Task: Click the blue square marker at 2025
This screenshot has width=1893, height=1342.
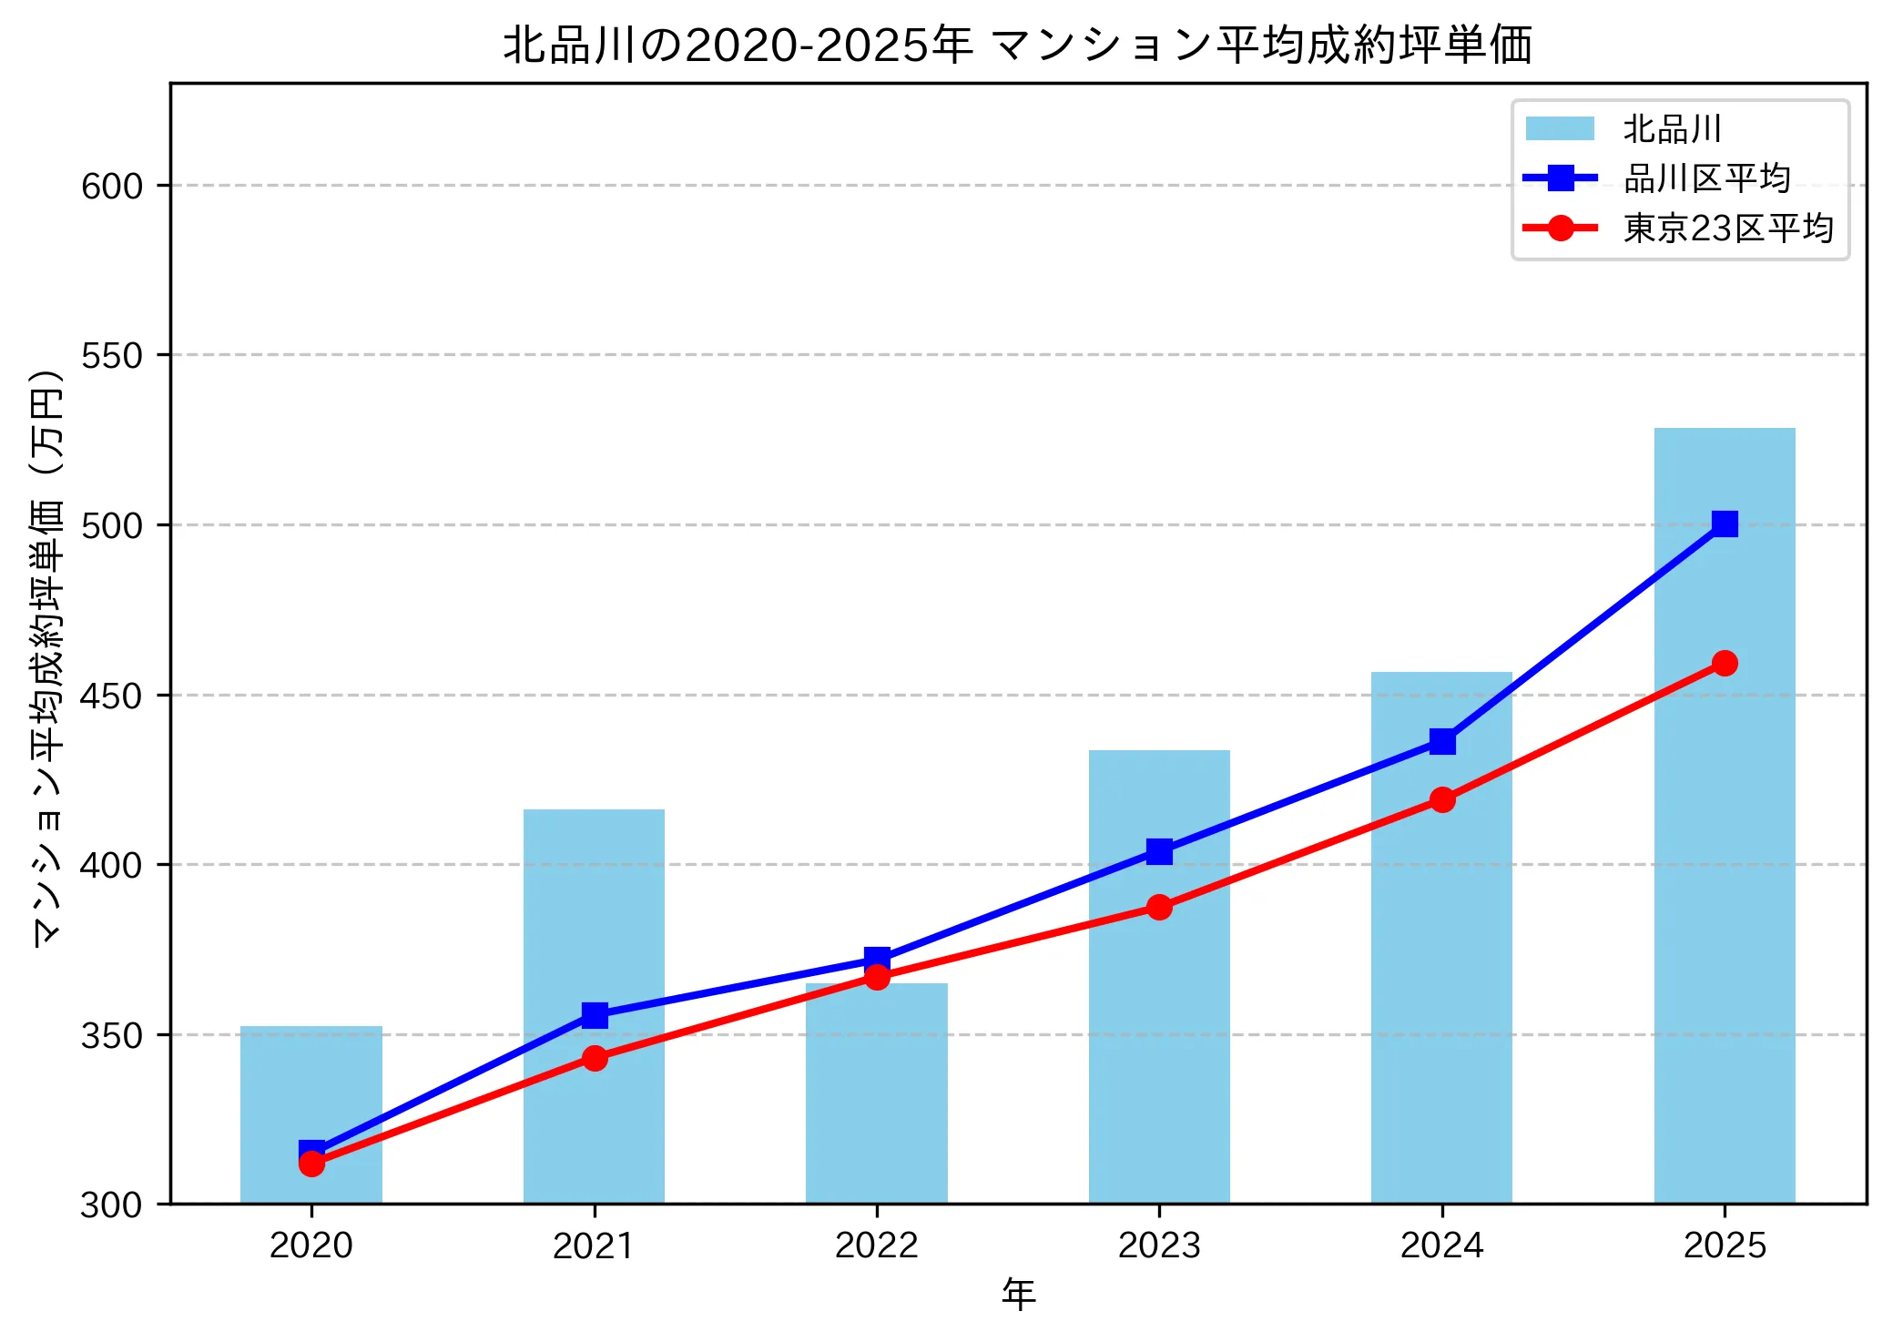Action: click(1724, 524)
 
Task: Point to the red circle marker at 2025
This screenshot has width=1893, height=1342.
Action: click(1724, 663)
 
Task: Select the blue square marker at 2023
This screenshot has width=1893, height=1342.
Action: click(1159, 851)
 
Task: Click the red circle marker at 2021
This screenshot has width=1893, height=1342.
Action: click(595, 1058)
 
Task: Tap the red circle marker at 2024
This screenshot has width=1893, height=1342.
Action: click(1441, 799)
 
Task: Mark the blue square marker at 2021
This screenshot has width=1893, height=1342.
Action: click(595, 1014)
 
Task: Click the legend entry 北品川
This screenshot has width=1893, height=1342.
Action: click(1672, 129)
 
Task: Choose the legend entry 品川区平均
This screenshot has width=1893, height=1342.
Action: click(1706, 178)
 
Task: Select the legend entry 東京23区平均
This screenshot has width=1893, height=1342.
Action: click(1727, 228)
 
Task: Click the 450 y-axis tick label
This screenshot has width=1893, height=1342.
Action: click(112, 696)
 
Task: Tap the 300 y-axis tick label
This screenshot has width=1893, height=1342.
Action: click(112, 1205)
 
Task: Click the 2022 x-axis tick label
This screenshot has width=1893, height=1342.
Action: click(876, 1245)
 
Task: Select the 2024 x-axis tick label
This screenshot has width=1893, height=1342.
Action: click(1441, 1245)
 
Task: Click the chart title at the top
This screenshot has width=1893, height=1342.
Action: click(1018, 44)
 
